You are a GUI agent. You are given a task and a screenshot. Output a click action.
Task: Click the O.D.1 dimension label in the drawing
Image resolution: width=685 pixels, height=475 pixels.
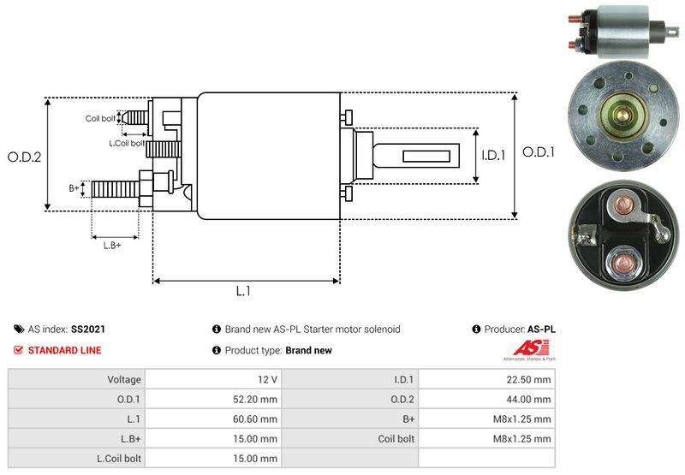coord(539,152)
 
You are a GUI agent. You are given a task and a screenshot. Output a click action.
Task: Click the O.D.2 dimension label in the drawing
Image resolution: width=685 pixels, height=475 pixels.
coord(25,157)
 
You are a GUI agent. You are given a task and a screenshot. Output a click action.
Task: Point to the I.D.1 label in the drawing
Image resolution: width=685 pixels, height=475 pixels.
coord(494,155)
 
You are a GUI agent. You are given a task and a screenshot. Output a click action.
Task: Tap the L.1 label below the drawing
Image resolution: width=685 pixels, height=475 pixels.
coord(243,291)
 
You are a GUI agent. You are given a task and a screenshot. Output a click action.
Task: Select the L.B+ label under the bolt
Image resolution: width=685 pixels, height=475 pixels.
coord(112,246)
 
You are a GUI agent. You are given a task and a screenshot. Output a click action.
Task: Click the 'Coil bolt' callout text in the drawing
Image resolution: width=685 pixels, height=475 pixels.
coord(100,119)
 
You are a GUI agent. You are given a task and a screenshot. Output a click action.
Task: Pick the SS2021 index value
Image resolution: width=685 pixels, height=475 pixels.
coord(88,329)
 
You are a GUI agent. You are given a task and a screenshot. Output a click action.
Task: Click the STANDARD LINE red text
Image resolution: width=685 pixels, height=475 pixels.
coord(64,350)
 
